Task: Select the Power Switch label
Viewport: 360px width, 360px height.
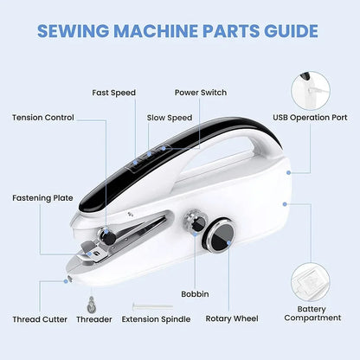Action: coord(201,93)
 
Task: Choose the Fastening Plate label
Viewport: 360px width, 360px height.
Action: coord(42,197)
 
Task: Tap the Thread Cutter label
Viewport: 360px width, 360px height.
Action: coord(40,319)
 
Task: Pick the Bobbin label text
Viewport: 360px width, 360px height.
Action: coord(196,294)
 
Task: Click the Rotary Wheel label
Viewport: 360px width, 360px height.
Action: coord(229,319)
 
